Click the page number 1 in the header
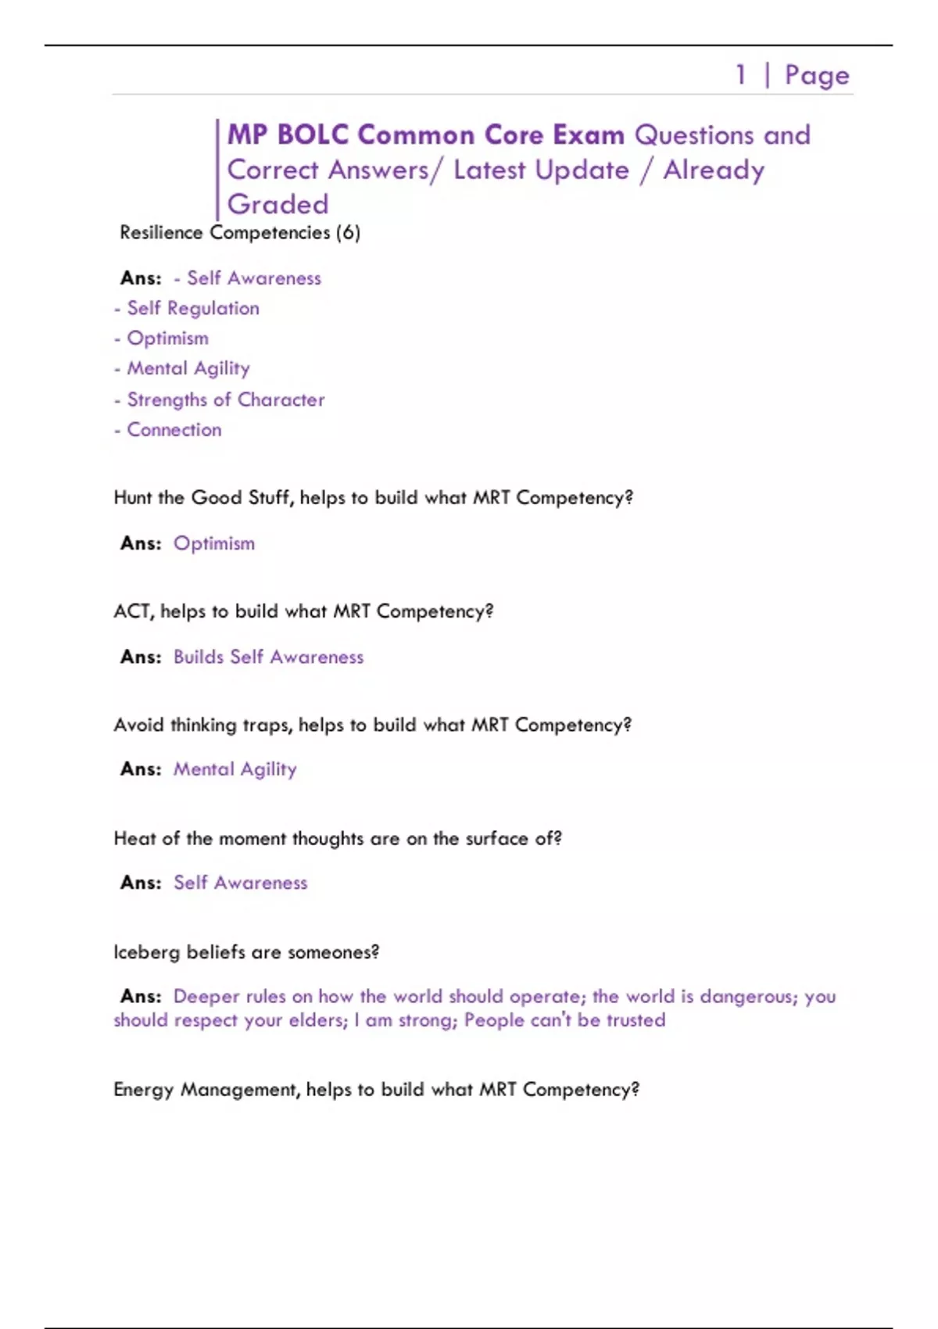pos(740,75)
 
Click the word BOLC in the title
pos(313,135)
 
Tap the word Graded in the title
pos(277,204)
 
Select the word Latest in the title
pos(489,170)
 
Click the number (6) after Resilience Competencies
pos(348,233)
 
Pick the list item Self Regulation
pos(193,309)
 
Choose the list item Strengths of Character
pos(225,399)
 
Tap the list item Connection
pos(174,430)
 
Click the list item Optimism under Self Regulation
pos(167,339)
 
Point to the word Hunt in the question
pos(133,498)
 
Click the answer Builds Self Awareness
pos(268,657)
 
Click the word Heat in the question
pos(134,839)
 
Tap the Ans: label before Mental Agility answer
pos(141,769)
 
